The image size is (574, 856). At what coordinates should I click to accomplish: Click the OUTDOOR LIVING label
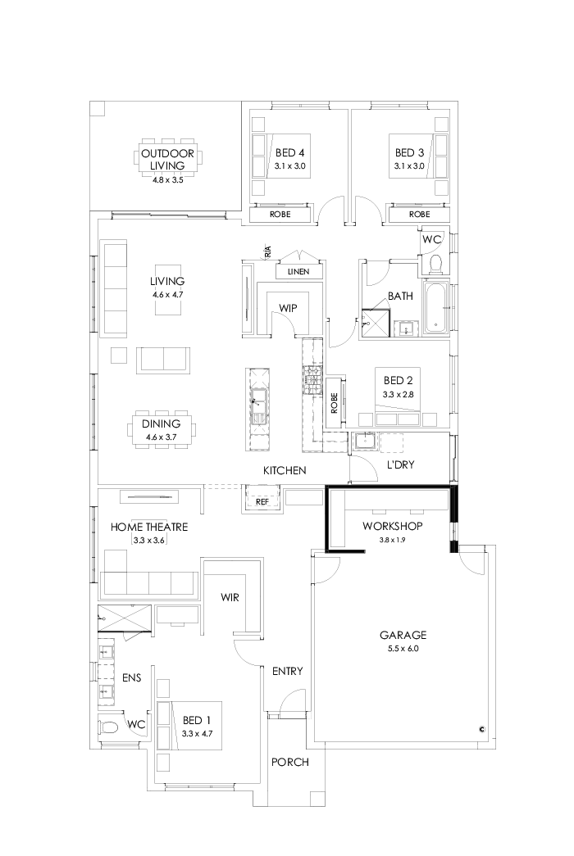pyautogui.click(x=167, y=159)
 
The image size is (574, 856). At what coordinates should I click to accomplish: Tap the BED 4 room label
pyautogui.click(x=290, y=152)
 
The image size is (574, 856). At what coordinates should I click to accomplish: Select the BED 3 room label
pyautogui.click(x=410, y=152)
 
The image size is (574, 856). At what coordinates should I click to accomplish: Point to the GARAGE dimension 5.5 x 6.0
pyautogui.click(x=403, y=648)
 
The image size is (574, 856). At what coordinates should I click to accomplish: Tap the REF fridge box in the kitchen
pyautogui.click(x=262, y=500)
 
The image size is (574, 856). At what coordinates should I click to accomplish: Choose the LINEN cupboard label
pyautogui.click(x=298, y=271)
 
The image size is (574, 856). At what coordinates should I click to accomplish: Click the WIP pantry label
pyautogui.click(x=287, y=307)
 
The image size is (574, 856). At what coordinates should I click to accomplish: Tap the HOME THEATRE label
pyautogui.click(x=149, y=527)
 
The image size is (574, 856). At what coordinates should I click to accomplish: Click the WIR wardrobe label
pyautogui.click(x=230, y=598)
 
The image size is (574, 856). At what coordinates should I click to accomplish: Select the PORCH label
pyautogui.click(x=290, y=762)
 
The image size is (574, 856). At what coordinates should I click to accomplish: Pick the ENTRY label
pyautogui.click(x=287, y=672)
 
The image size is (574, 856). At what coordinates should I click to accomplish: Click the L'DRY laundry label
pyautogui.click(x=400, y=464)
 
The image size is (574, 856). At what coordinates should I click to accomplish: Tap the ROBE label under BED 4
pyautogui.click(x=280, y=214)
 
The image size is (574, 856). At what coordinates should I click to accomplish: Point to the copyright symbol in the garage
pyautogui.click(x=483, y=728)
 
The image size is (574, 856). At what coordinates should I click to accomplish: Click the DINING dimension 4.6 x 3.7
pyautogui.click(x=162, y=437)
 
